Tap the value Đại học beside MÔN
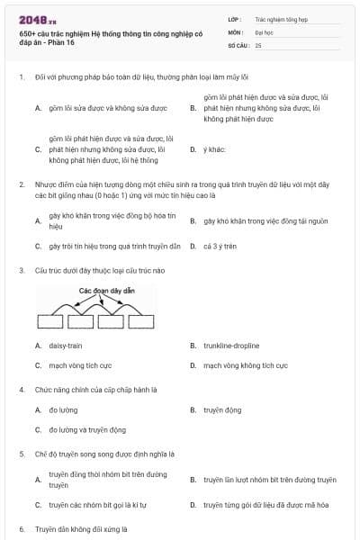tap(265, 31)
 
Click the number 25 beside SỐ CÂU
tap(258, 45)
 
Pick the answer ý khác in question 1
tap(214, 149)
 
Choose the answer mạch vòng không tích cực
tap(245, 365)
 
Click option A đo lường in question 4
tap(63, 409)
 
